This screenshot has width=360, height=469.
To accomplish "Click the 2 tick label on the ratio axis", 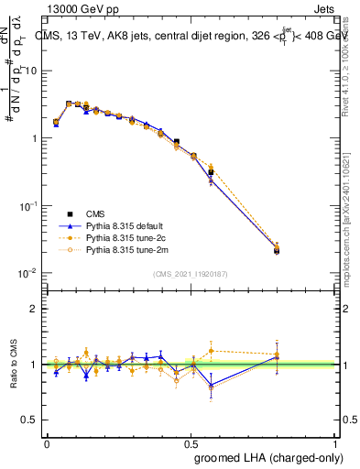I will click(34, 309).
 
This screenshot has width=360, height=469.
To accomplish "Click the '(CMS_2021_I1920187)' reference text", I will click(191, 273).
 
